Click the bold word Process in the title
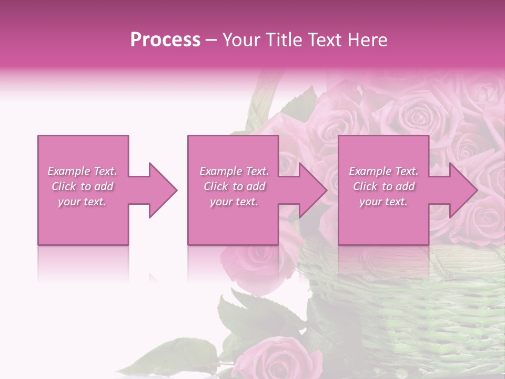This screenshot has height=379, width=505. [x=165, y=40]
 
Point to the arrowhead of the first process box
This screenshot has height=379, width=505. [x=164, y=190]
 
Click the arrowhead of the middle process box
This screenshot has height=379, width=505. [x=314, y=190]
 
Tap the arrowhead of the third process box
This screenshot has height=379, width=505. [x=463, y=190]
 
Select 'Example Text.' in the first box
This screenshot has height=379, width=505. [x=83, y=171]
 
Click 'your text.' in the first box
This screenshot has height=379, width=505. [x=83, y=202]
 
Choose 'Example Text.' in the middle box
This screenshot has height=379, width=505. [x=234, y=171]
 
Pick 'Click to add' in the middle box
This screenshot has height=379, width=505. [x=234, y=186]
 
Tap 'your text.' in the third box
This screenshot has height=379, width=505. [x=383, y=202]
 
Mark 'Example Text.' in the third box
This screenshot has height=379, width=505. [x=383, y=171]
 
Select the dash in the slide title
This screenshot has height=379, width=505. [x=211, y=40]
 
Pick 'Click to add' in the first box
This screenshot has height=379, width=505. [x=83, y=186]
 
